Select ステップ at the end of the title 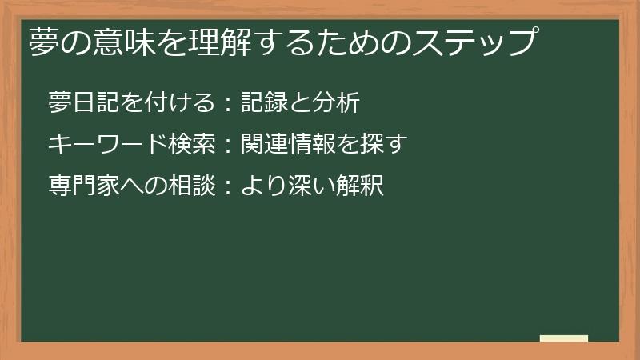coord(472,42)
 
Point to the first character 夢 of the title coord(45,42)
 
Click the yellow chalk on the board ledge coord(564,338)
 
